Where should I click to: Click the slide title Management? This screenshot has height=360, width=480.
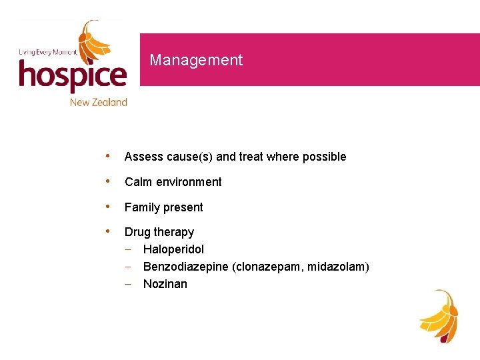196,60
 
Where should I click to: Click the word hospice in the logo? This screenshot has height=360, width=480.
72,75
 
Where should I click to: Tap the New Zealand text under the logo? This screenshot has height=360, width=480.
99,102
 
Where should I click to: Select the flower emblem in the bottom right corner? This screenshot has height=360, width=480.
439,315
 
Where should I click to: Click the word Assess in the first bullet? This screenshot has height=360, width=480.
143,157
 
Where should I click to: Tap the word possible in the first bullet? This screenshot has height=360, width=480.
324,157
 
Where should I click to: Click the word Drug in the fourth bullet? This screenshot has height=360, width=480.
137,232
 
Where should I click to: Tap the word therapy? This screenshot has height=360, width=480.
174,233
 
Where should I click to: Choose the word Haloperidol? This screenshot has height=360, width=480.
173,249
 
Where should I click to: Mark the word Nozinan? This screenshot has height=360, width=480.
165,284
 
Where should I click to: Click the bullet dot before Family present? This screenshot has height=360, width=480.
109,207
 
